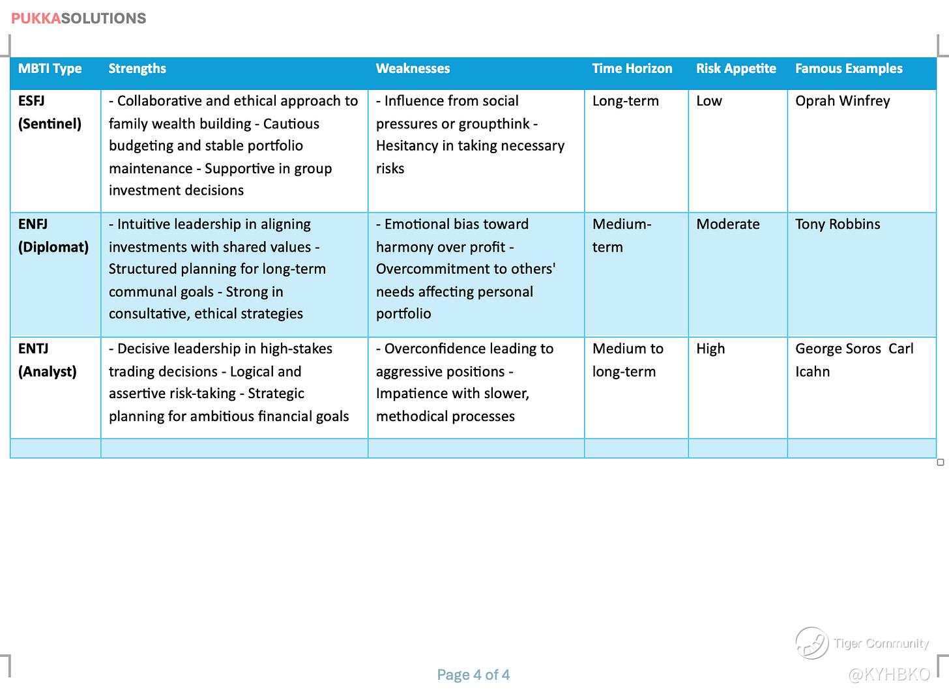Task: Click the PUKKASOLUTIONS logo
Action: coord(78,18)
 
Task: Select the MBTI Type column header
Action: coord(50,68)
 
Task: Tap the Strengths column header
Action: coord(137,68)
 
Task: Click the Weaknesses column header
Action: coord(413,68)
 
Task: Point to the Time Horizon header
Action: coord(632,68)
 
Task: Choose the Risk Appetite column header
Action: coord(736,68)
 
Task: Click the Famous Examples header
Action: coord(849,68)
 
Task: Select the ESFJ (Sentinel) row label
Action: coord(50,112)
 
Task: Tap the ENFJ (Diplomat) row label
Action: coord(53,235)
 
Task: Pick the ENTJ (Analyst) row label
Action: coord(47,360)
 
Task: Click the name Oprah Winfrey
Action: coord(842,101)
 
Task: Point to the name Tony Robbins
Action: coord(838,224)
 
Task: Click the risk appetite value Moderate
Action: coord(727,224)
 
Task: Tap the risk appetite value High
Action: coord(710,349)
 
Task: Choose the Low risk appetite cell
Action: coord(708,101)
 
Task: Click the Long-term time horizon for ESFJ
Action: coord(625,101)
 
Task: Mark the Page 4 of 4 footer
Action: coord(473,674)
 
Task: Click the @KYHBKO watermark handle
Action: coord(889,674)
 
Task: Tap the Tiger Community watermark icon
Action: coord(811,643)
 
